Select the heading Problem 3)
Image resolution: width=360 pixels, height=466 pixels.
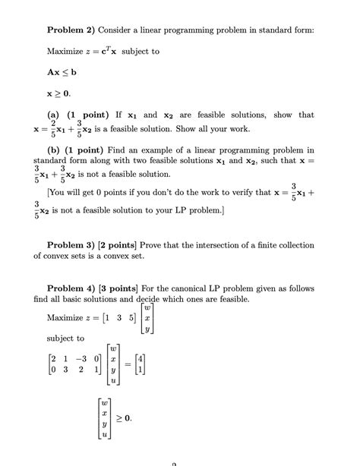coord(74,245)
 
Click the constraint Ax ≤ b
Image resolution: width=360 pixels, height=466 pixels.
coord(62,72)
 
